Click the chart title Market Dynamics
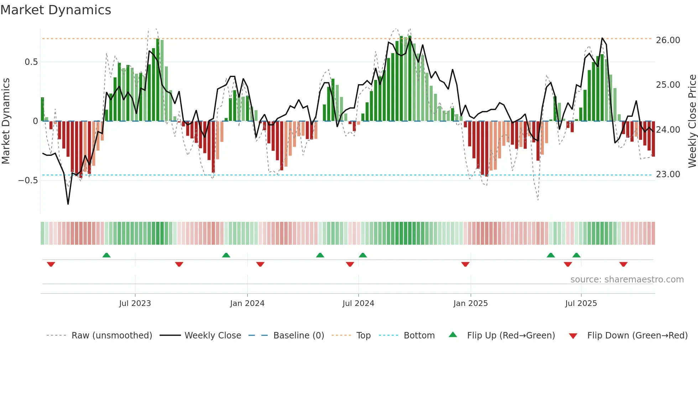click(56, 10)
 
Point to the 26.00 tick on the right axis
click(668, 40)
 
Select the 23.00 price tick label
click(668, 174)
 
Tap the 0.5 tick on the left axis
click(31, 62)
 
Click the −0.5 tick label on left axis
click(28, 180)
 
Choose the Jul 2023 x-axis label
click(135, 303)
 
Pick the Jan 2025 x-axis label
click(470, 303)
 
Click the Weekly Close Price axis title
click(692, 121)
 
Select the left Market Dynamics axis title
click(6, 121)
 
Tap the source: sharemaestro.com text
click(627, 280)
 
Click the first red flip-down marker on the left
click(51, 264)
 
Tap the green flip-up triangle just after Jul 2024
click(363, 255)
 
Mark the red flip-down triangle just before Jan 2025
click(465, 264)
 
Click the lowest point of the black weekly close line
click(68, 204)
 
